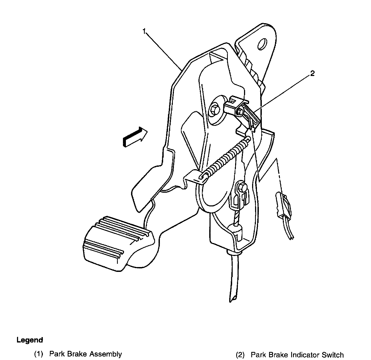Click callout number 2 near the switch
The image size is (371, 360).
pyautogui.click(x=312, y=73)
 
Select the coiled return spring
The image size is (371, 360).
pyautogui.click(x=225, y=159)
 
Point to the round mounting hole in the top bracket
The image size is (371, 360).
pyautogui.click(x=262, y=44)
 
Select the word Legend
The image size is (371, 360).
pyautogui.click(x=30, y=340)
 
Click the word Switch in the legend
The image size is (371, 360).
pyautogui.click(x=334, y=355)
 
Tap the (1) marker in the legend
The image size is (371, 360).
pyautogui.click(x=39, y=354)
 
